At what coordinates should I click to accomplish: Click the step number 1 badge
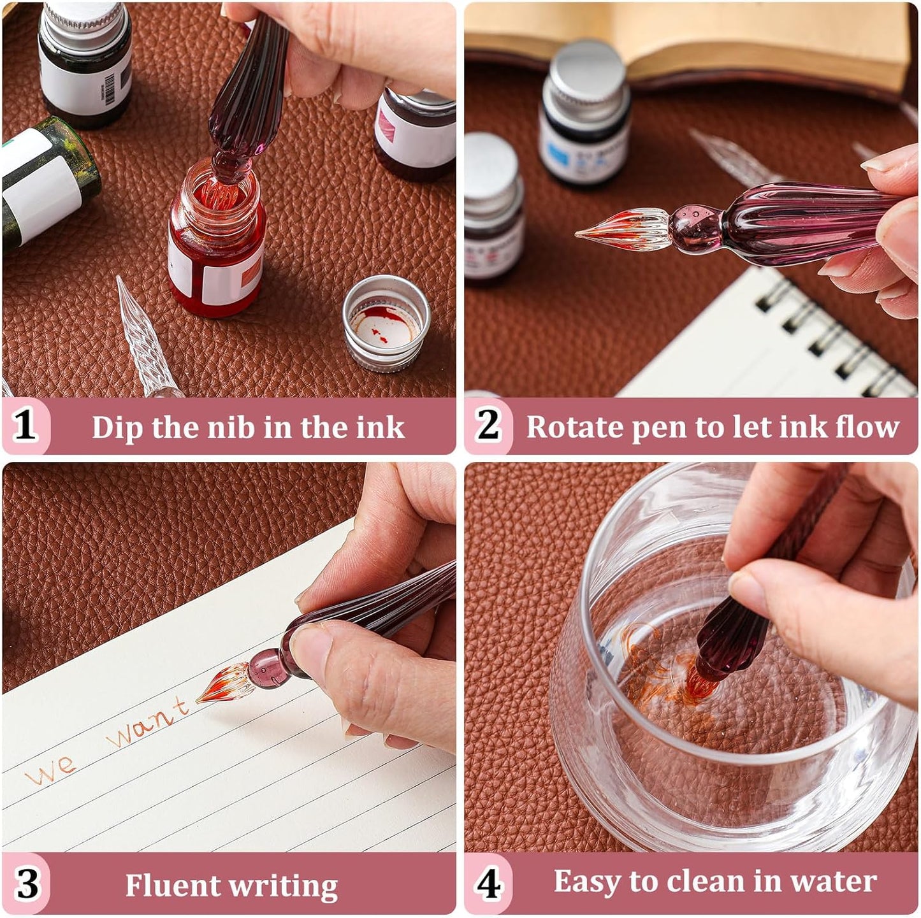click(x=25, y=426)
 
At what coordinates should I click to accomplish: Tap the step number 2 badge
click(x=488, y=426)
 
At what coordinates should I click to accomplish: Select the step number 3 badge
click(x=27, y=884)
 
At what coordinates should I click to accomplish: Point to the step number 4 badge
click(x=488, y=884)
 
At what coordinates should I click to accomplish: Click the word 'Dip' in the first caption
click(x=118, y=427)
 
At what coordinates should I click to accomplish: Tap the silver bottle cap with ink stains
click(x=386, y=322)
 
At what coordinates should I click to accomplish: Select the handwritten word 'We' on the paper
click(x=51, y=771)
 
